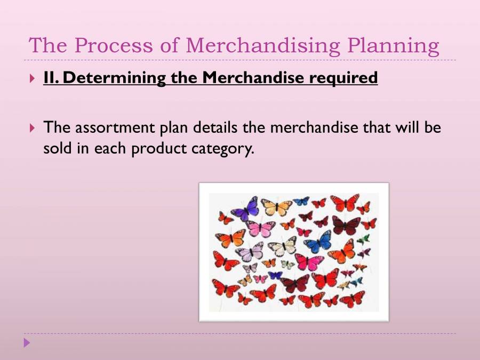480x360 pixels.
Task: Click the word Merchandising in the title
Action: pos(263,46)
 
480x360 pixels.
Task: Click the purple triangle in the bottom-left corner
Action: pos(27,342)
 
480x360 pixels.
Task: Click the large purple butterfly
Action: pos(245,209)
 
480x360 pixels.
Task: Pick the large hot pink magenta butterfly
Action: pos(309,261)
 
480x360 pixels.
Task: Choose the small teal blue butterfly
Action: pos(301,201)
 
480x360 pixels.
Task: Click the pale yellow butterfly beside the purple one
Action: pos(276,207)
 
